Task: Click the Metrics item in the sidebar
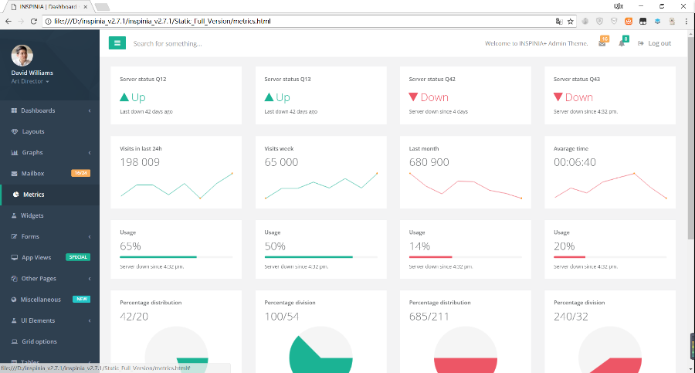(33, 195)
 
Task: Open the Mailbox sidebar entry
(32, 173)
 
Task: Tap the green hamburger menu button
(117, 43)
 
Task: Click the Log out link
(655, 43)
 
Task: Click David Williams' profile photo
(22, 56)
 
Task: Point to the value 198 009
(140, 162)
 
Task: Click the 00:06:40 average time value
(575, 162)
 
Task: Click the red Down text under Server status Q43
(578, 97)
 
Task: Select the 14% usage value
(419, 246)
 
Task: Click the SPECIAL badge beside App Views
(78, 257)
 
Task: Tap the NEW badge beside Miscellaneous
(81, 299)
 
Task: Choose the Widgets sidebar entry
(32, 215)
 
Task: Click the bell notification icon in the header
(622, 43)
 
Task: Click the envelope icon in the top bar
(602, 43)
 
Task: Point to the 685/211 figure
(429, 317)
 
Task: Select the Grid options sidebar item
(39, 341)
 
